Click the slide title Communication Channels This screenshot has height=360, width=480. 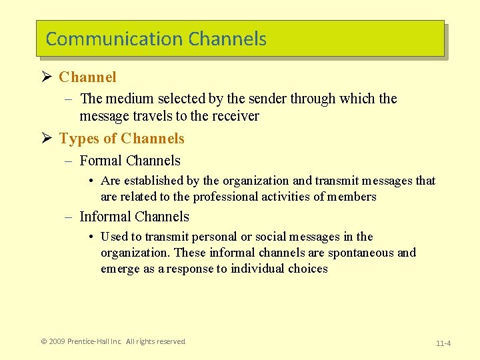[156, 39]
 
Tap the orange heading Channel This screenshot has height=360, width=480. [87, 77]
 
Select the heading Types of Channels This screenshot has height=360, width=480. [121, 139]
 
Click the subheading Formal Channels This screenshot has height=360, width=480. [130, 161]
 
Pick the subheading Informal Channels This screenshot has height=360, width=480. [134, 217]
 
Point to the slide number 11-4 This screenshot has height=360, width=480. [443, 343]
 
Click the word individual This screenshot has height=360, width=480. [258, 269]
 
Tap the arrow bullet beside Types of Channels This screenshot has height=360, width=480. [46, 139]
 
